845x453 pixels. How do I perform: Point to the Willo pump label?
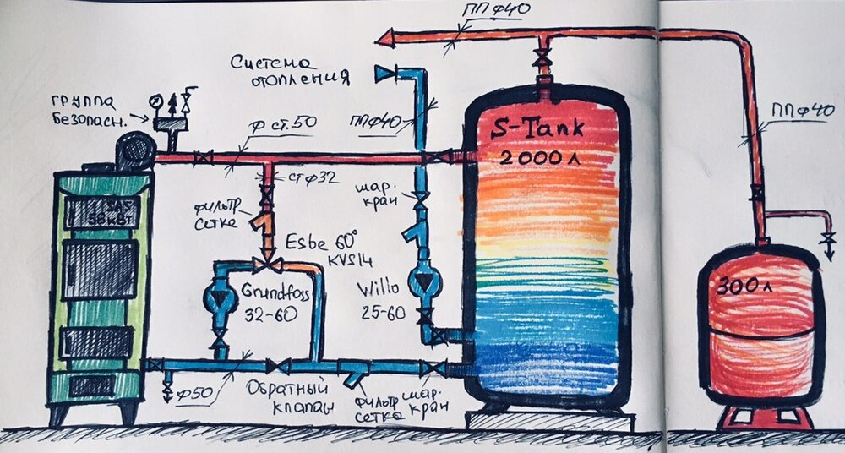click(380, 298)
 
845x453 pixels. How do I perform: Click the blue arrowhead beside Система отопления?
click(384, 74)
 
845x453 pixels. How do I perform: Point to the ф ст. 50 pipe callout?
click(284, 124)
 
